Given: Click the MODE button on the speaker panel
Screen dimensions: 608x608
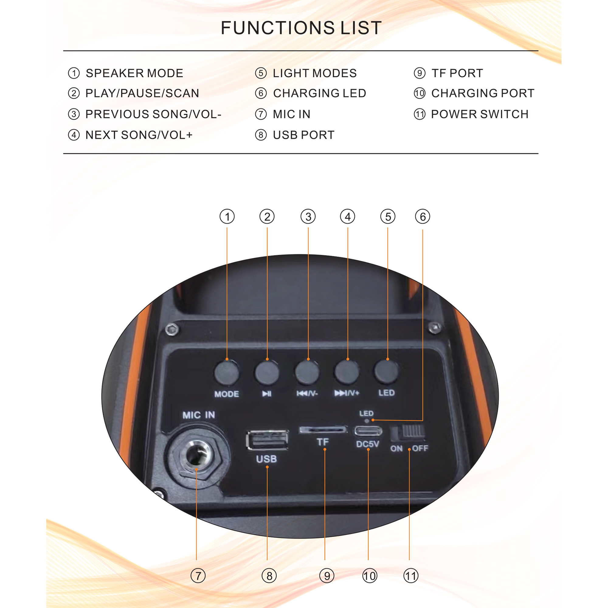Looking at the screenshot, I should pyautogui.click(x=226, y=373).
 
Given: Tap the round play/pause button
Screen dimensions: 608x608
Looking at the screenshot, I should pyautogui.click(x=267, y=373).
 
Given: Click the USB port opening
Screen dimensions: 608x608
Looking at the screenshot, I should pyautogui.click(x=267, y=440).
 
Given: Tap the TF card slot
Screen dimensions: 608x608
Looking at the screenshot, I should pyautogui.click(x=323, y=430).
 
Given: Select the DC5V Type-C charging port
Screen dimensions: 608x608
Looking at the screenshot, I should pyautogui.click(x=368, y=431).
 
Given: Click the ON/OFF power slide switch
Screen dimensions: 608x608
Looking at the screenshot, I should pyautogui.click(x=408, y=433).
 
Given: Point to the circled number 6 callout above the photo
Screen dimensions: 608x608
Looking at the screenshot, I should pyautogui.click(x=422, y=216).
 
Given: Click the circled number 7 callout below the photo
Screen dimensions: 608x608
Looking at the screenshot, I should pyautogui.click(x=198, y=576).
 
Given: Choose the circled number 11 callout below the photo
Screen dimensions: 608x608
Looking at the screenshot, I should pyautogui.click(x=411, y=576).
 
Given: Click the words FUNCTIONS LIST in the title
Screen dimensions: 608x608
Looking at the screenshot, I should pyautogui.click(x=301, y=28).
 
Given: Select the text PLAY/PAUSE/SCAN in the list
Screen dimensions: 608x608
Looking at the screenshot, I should pyautogui.click(x=142, y=93).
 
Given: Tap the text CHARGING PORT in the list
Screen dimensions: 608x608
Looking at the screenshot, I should pyautogui.click(x=483, y=93).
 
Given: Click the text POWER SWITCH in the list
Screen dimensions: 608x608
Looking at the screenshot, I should pyautogui.click(x=480, y=114).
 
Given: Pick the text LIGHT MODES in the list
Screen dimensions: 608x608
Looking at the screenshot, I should pyautogui.click(x=315, y=73).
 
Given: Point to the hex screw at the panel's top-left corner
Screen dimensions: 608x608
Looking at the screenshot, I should pyautogui.click(x=172, y=330).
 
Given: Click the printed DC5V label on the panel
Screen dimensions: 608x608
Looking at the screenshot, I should pyautogui.click(x=368, y=444).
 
